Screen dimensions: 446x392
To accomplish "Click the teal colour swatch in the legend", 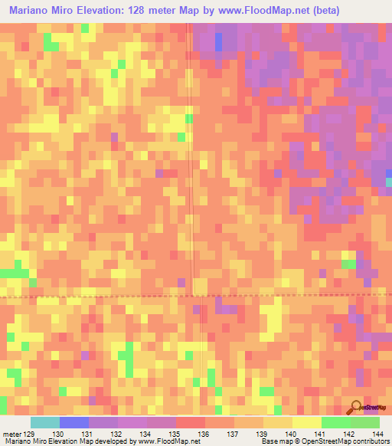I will click(x=45, y=423).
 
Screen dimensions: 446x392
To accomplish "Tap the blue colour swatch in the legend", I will click(x=74, y=423).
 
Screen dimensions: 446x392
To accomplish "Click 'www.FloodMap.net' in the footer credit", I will click(x=168, y=441).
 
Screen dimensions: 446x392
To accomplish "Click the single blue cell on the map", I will click(x=220, y=44).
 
